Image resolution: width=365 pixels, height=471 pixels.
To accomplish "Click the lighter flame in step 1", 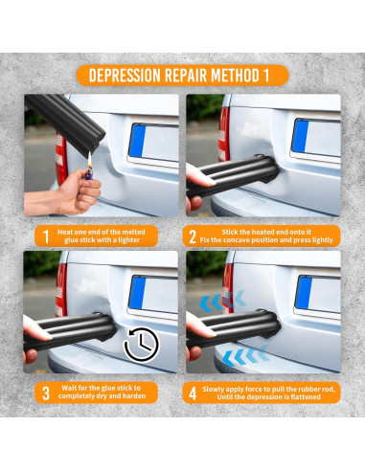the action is pyautogui.click(x=90, y=162).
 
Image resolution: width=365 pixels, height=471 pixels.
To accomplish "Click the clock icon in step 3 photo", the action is pyautogui.click(x=141, y=345).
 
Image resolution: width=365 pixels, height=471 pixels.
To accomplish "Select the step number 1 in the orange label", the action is pyautogui.click(x=46, y=236).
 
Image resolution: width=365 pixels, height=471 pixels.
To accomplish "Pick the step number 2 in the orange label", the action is pyautogui.click(x=193, y=236).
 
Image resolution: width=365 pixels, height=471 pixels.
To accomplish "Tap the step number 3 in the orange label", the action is pyautogui.click(x=46, y=392).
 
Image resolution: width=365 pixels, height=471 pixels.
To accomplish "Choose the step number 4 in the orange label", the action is pyautogui.click(x=193, y=393).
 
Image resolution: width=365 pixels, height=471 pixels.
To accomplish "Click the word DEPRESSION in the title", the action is pyautogui.click(x=125, y=76).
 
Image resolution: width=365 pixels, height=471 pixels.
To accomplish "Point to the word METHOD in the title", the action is pyautogui.click(x=235, y=76).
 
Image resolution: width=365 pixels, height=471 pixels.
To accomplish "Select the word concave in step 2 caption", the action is pyautogui.click(x=237, y=240).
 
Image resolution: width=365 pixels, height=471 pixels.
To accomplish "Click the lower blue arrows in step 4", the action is pyautogui.click(x=245, y=355).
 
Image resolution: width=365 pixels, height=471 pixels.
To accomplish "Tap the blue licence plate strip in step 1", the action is pyautogui.click(x=137, y=141).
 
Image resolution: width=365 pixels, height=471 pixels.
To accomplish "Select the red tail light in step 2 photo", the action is pyautogui.click(x=224, y=134).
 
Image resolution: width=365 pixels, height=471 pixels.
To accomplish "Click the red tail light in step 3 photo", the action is pyautogui.click(x=61, y=290).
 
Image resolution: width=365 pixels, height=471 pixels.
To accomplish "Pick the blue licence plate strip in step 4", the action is pyautogui.click(x=303, y=293).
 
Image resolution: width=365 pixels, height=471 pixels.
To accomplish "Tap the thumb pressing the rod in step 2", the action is pyautogui.click(x=199, y=176).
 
